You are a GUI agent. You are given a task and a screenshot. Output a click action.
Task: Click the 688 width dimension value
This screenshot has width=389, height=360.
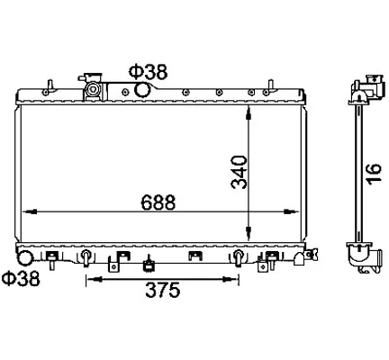tap(158, 202)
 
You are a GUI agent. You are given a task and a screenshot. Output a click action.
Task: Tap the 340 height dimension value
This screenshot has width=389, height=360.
tap(240, 172)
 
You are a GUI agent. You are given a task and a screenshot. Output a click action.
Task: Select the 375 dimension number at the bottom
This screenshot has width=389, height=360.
tap(163, 290)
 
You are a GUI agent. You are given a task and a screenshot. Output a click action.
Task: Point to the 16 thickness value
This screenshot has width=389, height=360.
tap(374, 173)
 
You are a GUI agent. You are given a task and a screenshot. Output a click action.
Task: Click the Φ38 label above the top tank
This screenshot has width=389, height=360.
tap(148, 72)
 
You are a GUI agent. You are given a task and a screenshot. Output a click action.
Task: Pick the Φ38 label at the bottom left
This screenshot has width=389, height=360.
tap(21, 278)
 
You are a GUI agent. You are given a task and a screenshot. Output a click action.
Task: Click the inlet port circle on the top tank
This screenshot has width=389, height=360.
tap(141, 90)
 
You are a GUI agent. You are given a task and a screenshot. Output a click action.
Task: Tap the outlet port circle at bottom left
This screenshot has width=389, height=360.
tap(25, 258)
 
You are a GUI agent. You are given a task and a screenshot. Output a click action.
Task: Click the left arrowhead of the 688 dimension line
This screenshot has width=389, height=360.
tap(30, 211)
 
